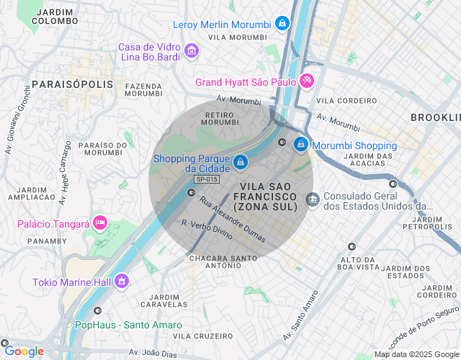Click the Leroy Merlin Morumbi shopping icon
tap(282, 24)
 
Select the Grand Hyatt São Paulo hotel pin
tap(307, 81)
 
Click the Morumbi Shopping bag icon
tap(300, 145)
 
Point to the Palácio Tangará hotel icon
tap(99, 223)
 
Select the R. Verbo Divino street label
tap(207, 230)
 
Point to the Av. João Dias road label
tap(153, 352)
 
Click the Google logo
tap(24, 351)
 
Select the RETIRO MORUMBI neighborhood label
tap(220, 118)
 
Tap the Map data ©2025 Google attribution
tap(416, 354)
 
